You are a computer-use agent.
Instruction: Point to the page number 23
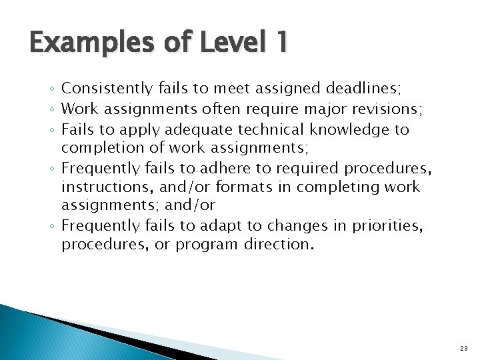coord(463,348)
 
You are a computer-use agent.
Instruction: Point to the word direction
coord(275,244)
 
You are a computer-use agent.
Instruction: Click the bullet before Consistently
coord(53,89)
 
